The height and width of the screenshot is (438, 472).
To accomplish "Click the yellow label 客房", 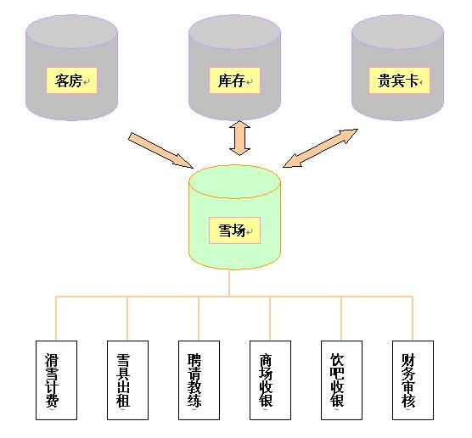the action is point(71,80).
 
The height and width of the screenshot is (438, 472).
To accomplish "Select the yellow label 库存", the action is point(234,80).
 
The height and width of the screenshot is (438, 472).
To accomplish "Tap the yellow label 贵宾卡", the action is point(399,80).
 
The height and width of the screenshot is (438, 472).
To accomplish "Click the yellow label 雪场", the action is point(234,230).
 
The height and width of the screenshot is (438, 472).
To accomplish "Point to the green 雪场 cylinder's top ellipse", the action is point(234,181).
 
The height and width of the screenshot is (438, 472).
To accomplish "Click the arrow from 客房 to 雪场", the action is point(160,150).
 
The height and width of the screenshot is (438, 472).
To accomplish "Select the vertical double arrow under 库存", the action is point(239,138).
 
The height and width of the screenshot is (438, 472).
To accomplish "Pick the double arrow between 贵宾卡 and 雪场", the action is point(320,148).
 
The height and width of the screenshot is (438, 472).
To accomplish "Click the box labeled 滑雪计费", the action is point(56,380).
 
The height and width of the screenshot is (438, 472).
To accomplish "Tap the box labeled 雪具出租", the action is point(127,380).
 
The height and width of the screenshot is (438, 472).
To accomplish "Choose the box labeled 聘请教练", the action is point(199,380).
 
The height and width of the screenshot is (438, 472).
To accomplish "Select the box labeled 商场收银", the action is point(270,380).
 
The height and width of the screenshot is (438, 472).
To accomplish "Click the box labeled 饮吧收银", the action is point(341,380).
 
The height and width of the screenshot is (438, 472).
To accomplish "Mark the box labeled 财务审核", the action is point(413,380).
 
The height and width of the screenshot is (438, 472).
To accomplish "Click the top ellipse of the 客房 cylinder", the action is point(71,31).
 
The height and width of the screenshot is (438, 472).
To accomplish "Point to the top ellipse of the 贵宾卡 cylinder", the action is point(397,31).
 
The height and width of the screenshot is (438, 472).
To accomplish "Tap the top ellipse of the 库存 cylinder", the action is point(234,31).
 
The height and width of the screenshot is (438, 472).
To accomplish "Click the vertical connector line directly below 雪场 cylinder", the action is point(229,283).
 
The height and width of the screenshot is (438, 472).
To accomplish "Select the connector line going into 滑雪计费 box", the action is point(56,319).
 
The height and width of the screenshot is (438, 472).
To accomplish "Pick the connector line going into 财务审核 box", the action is point(413,319).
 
